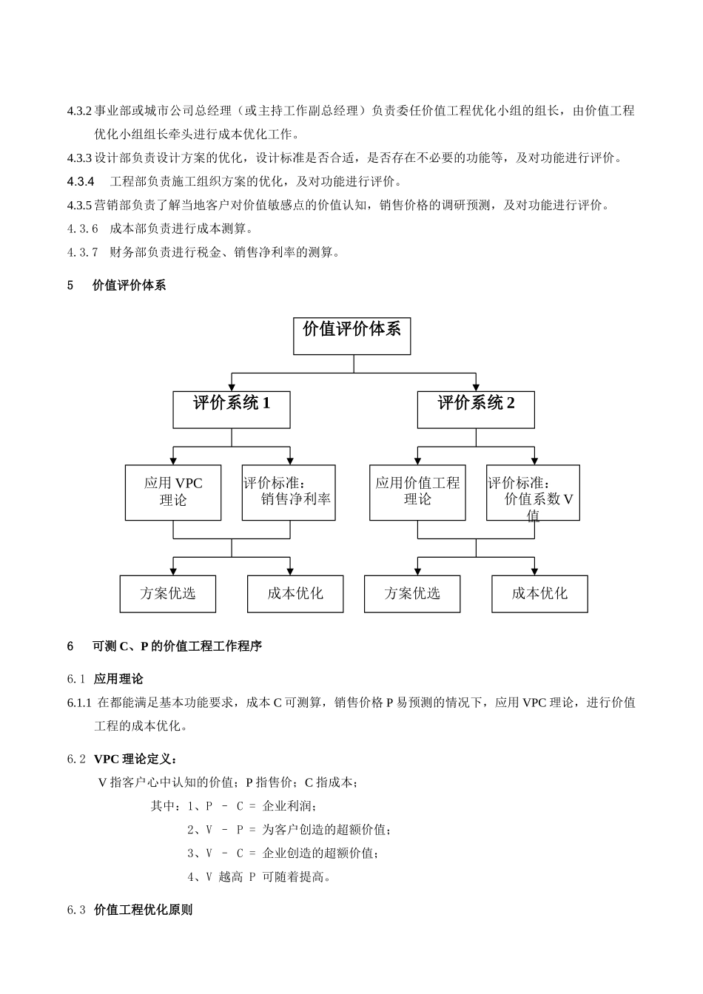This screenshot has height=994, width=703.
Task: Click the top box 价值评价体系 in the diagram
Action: tap(351, 336)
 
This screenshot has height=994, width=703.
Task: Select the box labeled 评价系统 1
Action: tap(232, 410)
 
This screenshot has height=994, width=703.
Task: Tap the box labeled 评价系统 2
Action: tap(476, 410)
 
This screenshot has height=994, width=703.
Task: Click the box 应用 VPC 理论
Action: tap(173, 493)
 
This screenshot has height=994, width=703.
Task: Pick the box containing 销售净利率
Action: tap(289, 493)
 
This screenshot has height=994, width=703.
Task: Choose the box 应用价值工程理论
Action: tap(417, 493)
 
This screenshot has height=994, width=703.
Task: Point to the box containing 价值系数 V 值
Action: tap(533, 493)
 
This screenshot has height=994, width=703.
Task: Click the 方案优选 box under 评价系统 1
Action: tap(168, 594)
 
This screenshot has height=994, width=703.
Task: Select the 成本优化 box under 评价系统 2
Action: tap(539, 594)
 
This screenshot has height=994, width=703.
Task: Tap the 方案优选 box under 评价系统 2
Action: tap(412, 594)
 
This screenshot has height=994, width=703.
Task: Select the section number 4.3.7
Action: tap(82, 252)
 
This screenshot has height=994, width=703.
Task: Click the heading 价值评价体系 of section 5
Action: tap(129, 285)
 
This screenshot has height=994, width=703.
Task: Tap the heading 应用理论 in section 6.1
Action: tap(118, 679)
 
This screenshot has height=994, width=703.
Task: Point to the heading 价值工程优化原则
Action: tap(144, 910)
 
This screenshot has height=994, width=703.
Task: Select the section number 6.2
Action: tap(76, 760)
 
